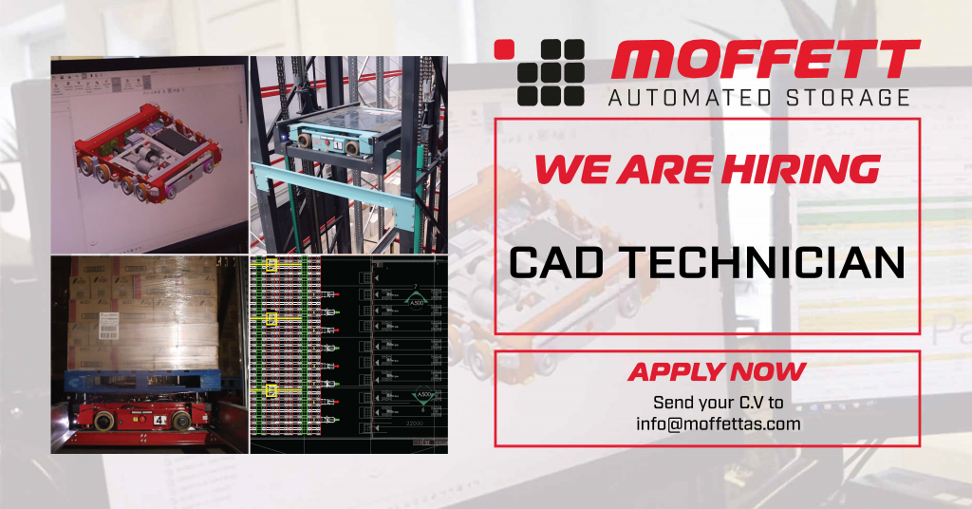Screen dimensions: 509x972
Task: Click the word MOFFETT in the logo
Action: click(765, 62)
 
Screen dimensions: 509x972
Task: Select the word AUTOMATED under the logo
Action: click(690, 98)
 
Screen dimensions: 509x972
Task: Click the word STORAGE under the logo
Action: click(847, 98)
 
